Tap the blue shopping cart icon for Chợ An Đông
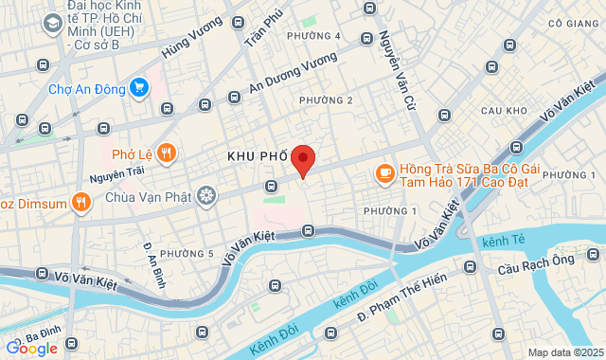click(x=138, y=87)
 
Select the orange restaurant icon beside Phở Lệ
click(x=167, y=153)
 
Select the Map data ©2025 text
click(x=564, y=352)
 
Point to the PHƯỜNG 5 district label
click(x=187, y=253)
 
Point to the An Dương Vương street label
click(x=294, y=74)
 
